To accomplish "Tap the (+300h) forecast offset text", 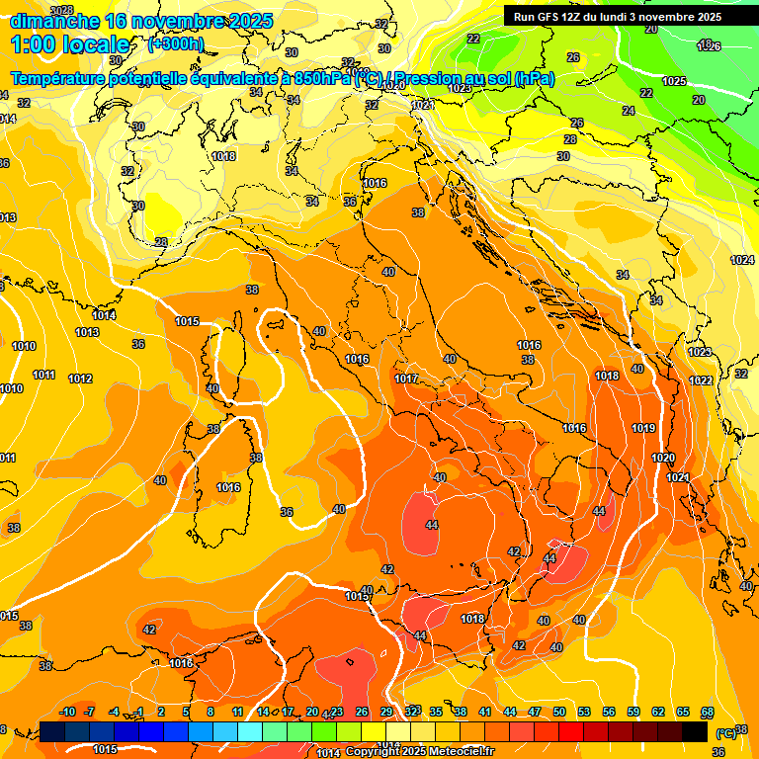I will [x=175, y=43].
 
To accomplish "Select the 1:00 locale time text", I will [x=70, y=44].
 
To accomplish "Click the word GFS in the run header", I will [x=550, y=17].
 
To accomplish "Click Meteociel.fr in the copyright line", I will [x=460, y=751].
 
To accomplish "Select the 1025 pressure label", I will [x=674, y=81].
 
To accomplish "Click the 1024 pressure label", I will [x=742, y=260].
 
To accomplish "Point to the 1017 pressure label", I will [x=406, y=379].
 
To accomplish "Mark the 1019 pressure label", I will [x=643, y=428].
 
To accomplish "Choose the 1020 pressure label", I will [x=663, y=458].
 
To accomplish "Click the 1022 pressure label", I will [x=701, y=380].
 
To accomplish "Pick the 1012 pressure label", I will [x=80, y=379].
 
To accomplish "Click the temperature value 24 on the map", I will [x=629, y=111].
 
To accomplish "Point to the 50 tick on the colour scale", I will [x=559, y=712].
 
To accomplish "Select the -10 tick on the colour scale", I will [x=67, y=712].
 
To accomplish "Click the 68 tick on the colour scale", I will [x=708, y=712].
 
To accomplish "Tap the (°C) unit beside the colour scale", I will [x=725, y=732].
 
